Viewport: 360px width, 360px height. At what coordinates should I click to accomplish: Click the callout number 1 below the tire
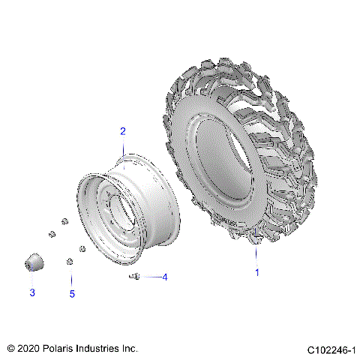(257, 272)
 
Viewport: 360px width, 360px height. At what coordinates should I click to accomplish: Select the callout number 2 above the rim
(123, 131)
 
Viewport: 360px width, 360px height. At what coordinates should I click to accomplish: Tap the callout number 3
(31, 292)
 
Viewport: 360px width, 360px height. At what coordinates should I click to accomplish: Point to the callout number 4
(165, 277)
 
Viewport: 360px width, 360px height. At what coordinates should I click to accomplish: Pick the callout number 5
(72, 294)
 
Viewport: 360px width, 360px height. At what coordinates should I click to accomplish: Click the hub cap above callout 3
(31, 264)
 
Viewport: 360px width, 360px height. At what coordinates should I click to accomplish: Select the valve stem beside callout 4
(134, 277)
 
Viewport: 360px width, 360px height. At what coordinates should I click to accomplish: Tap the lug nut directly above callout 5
(69, 261)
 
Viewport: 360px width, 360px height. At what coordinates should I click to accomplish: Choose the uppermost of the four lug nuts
(64, 221)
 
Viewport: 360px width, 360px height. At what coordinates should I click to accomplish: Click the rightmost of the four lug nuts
(82, 248)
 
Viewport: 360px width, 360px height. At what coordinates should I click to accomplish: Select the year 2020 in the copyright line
(26, 349)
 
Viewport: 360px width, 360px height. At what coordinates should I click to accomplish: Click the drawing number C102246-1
(330, 349)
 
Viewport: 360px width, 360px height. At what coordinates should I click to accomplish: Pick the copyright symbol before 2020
(10, 349)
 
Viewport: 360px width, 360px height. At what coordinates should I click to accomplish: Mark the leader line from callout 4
(150, 277)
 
